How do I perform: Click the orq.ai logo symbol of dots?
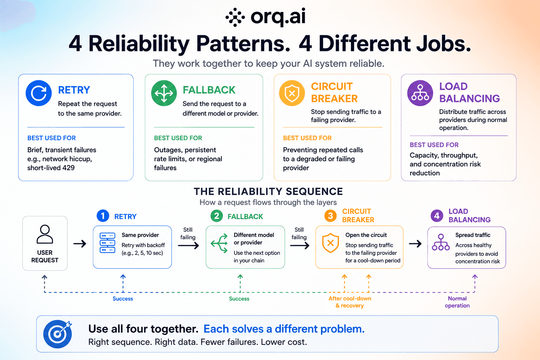pos(235,17)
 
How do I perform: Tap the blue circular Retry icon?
pos(39,93)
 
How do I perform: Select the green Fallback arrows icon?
pos(164,93)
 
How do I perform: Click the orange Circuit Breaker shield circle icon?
pos(292,93)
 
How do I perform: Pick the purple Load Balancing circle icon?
pos(420,93)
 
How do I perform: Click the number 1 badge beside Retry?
pos(103,216)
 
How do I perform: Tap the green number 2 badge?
pos(217,216)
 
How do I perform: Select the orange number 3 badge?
pos(330,216)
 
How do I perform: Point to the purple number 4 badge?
pos(437,216)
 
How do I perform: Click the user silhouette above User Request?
pos(45,234)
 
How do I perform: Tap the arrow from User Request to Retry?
pos(80,244)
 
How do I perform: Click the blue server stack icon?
pos(108,243)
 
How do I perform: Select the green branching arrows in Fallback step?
pos(219,243)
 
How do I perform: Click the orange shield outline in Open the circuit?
pos(330,243)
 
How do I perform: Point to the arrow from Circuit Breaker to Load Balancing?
pos(415,244)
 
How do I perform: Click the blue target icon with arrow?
pos(58,334)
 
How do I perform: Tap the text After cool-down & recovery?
pos(350,302)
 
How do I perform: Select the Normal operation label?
pos(457,302)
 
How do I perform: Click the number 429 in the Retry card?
pos(69,168)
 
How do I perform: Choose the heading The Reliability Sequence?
pos(268,192)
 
